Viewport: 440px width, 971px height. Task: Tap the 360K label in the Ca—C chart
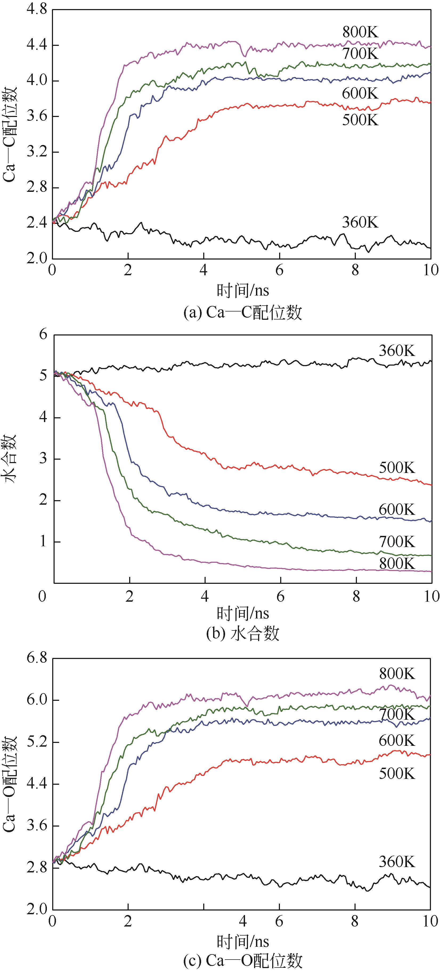coord(360,222)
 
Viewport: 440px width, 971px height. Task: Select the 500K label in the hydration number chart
coord(397,468)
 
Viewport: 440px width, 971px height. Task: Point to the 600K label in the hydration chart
coord(397,510)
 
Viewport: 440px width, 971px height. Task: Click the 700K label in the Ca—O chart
coord(397,714)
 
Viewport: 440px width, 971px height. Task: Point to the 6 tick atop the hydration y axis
coord(44,334)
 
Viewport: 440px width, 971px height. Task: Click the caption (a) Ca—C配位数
coord(243,313)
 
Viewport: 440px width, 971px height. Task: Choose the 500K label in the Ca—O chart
coord(397,774)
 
